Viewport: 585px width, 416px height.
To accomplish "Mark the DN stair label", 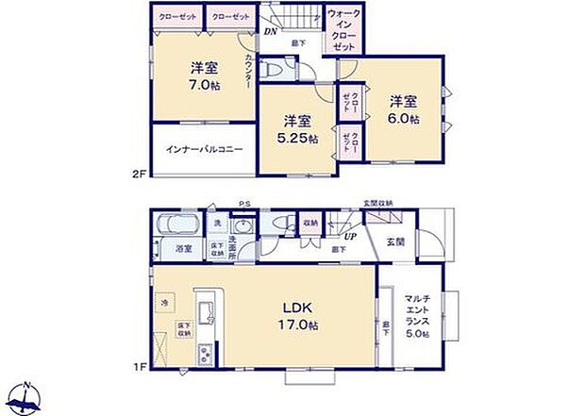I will click(269, 32).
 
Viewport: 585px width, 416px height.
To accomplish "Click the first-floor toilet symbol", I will click(281, 224).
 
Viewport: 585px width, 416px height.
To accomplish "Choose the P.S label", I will click(243, 204).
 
